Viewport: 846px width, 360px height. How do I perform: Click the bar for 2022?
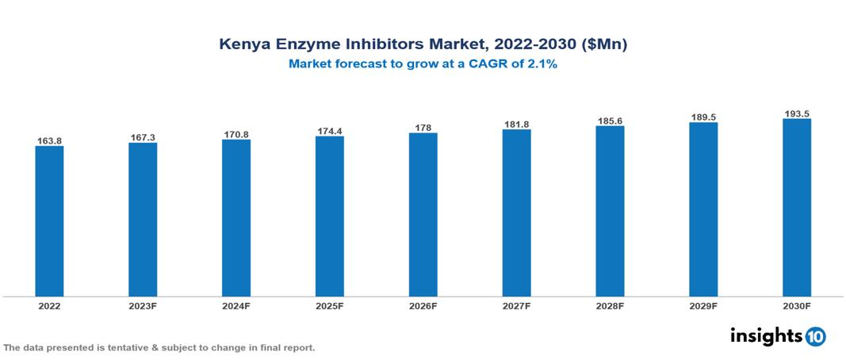click(x=49, y=221)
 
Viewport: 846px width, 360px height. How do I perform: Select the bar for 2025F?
click(x=329, y=216)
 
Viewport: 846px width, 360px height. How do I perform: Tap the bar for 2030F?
click(x=796, y=208)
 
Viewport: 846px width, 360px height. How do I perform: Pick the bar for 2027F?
click(x=516, y=213)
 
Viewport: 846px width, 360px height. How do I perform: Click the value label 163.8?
click(x=49, y=141)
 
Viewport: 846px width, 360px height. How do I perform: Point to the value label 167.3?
click(x=143, y=138)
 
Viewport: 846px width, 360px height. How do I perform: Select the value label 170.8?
click(x=236, y=135)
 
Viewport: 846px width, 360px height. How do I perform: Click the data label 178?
click(x=423, y=128)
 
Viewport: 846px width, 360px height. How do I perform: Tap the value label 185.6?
click(x=610, y=121)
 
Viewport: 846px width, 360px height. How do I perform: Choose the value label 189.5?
click(x=703, y=117)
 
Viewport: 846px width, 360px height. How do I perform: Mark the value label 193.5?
click(x=797, y=114)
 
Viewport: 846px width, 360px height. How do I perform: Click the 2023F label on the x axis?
click(x=143, y=305)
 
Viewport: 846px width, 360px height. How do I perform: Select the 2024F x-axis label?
click(x=236, y=305)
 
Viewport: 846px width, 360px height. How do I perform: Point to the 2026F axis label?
click(x=423, y=305)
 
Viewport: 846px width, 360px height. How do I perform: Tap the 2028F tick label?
click(x=610, y=305)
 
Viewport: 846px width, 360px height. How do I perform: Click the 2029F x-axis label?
click(x=703, y=305)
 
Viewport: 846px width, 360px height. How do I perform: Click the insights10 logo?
click(x=777, y=336)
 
